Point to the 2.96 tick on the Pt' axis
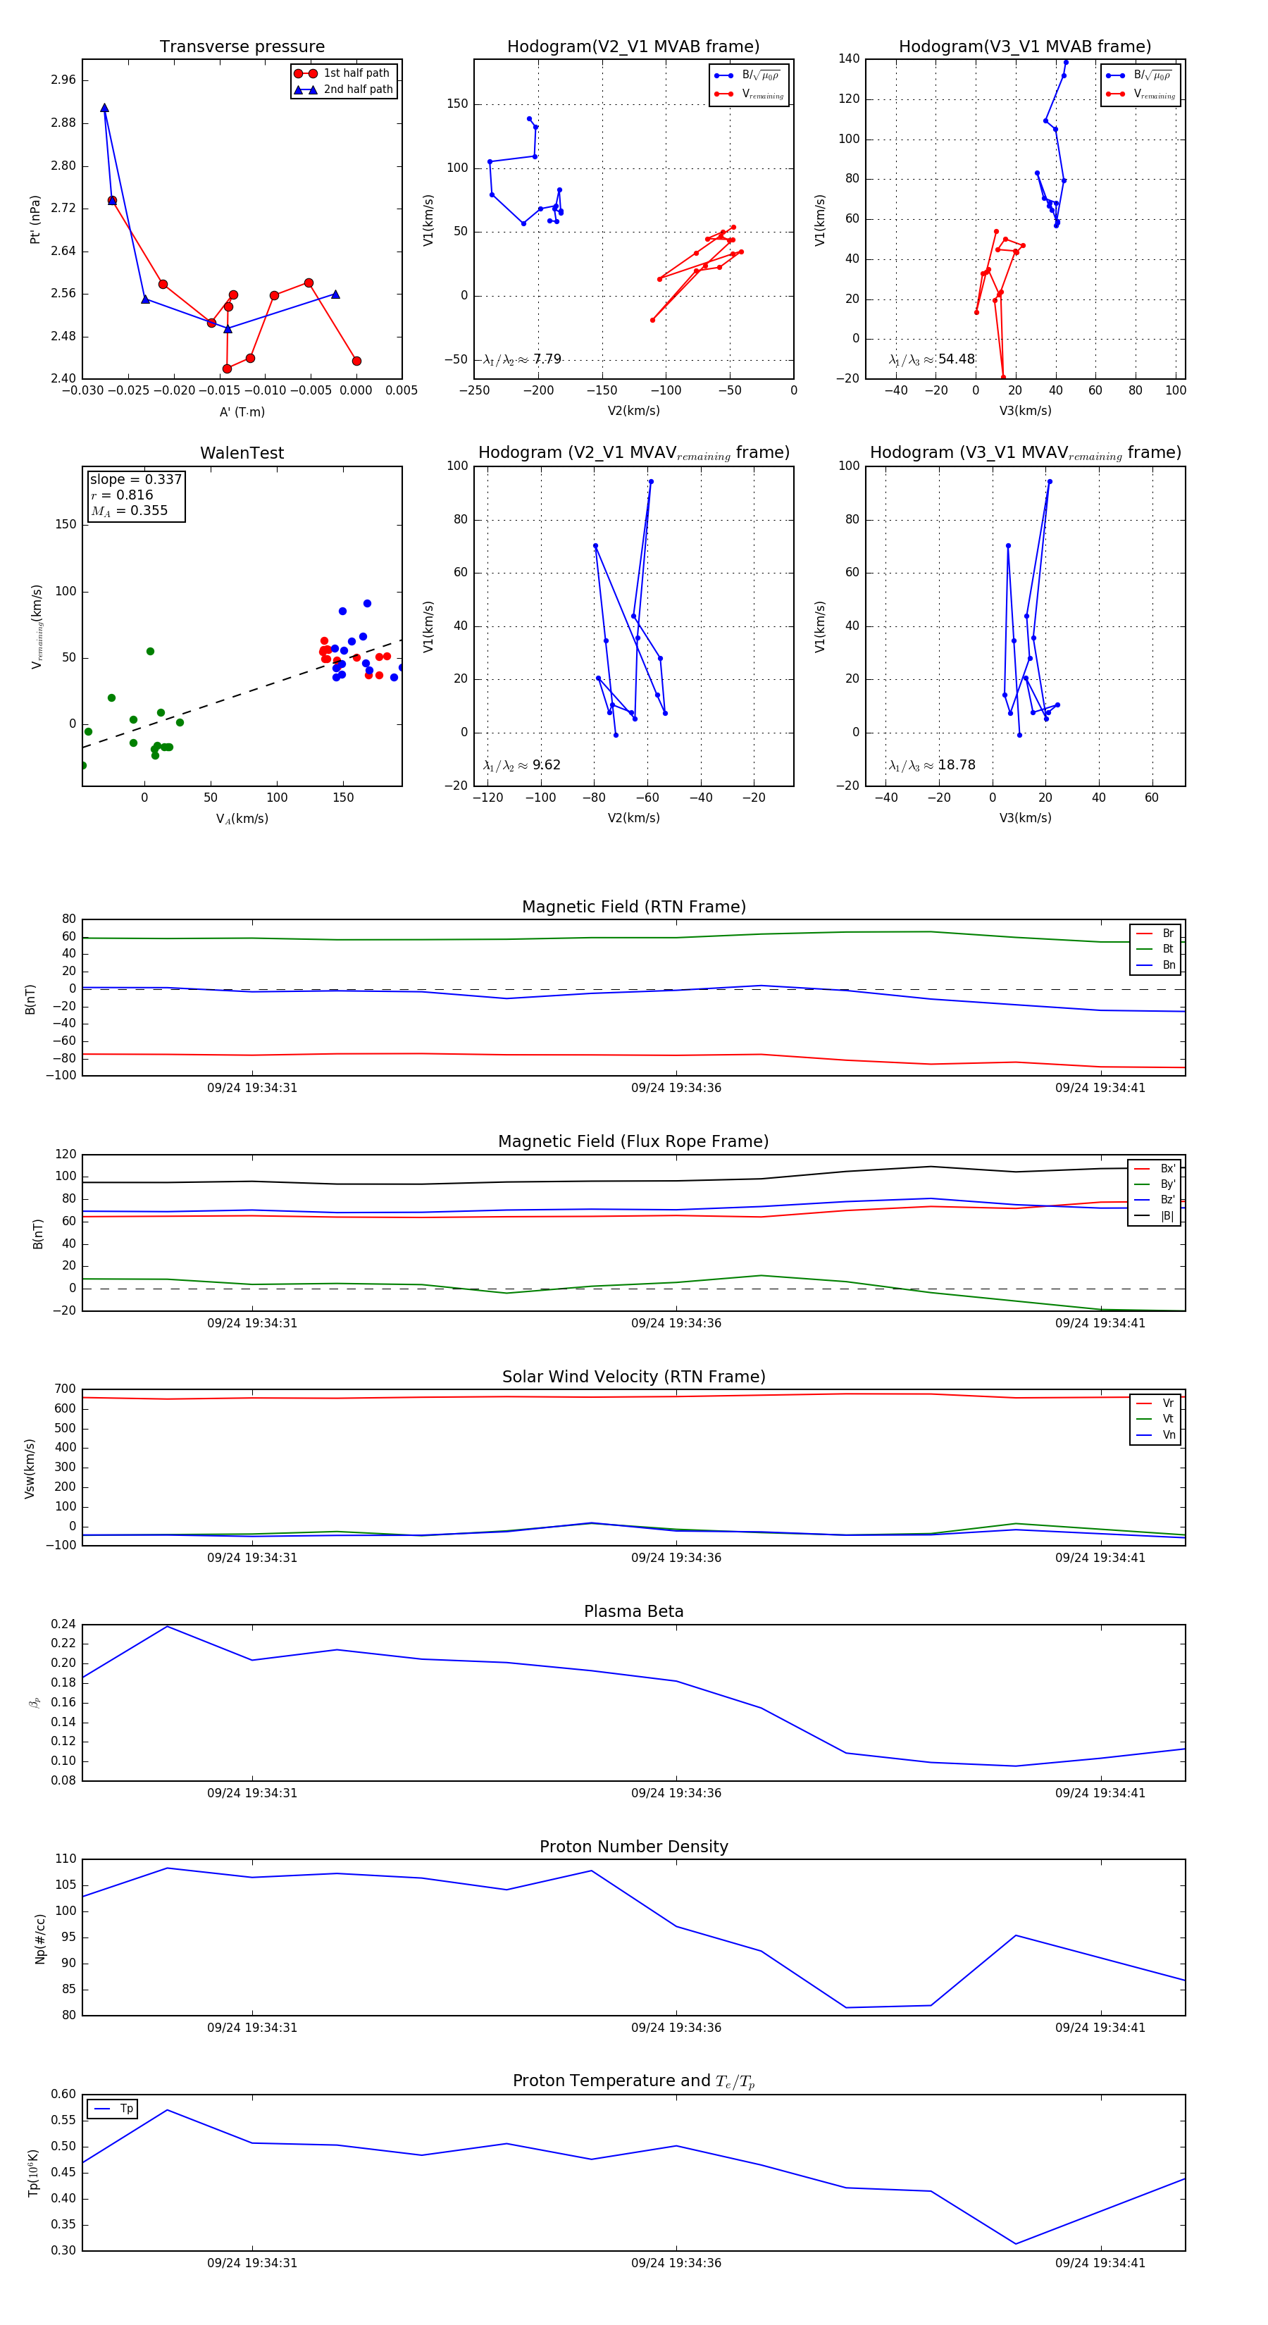63,80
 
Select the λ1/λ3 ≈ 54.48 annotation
931,359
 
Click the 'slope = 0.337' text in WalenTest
135,479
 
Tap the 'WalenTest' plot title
242,453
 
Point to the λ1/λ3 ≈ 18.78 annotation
931,765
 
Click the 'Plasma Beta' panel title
633,1612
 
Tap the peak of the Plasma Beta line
167,1626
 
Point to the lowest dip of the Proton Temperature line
1015,2244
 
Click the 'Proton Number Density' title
633,1847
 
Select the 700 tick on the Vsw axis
65,1389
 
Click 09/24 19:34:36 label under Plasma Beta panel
676,1792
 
